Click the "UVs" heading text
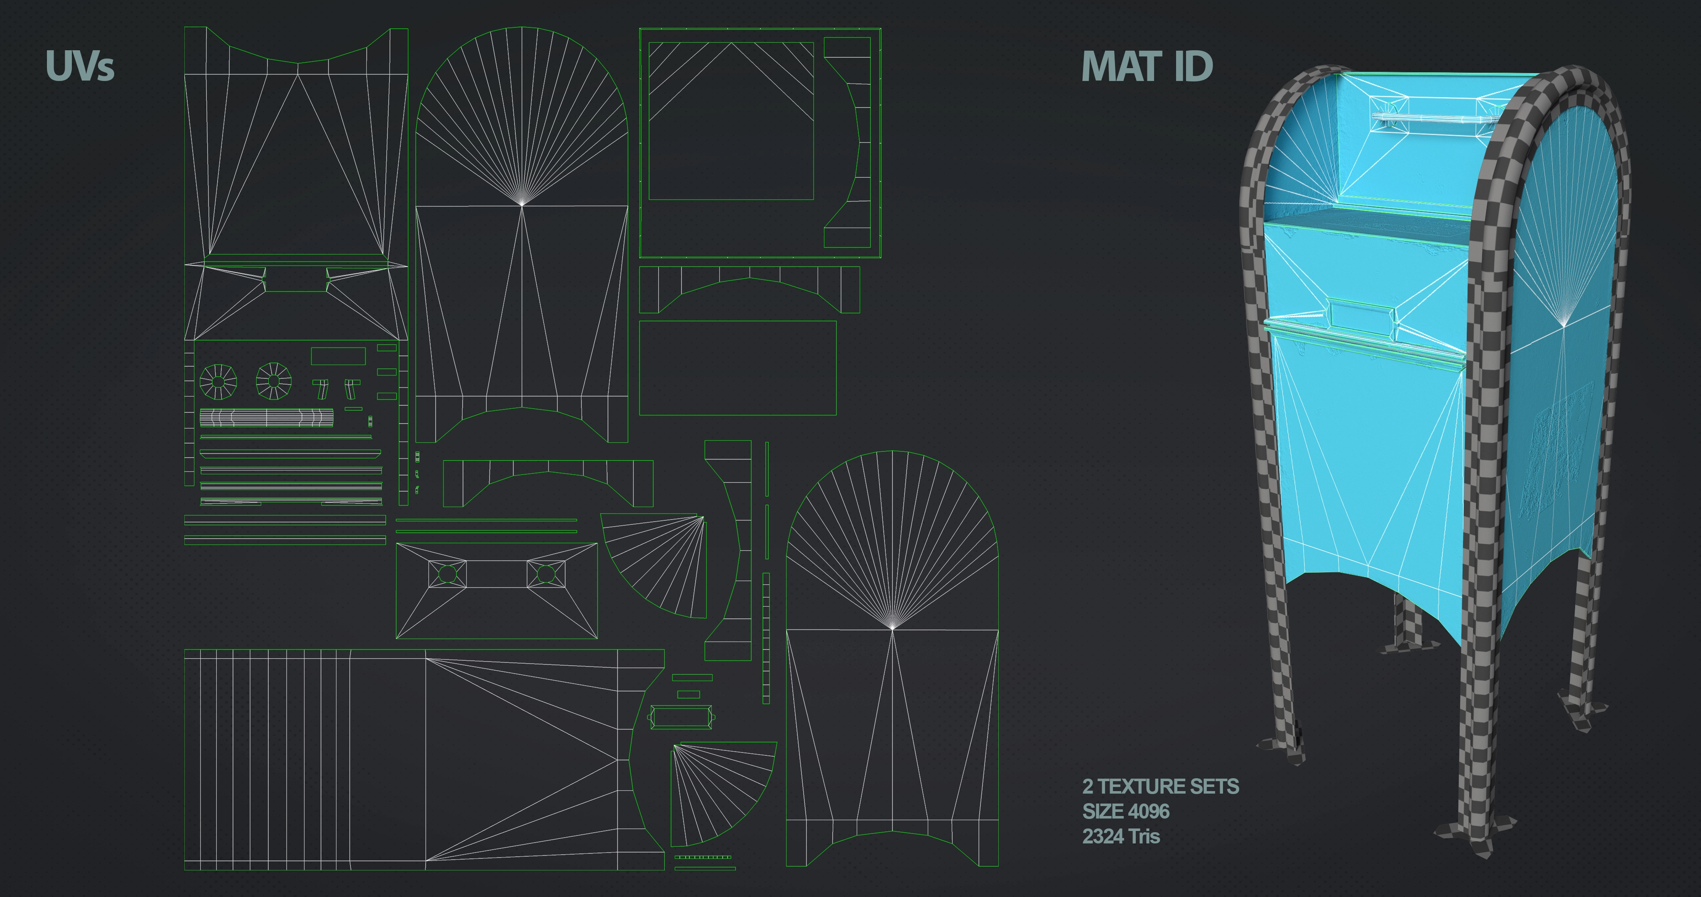[80, 66]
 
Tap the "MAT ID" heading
[1147, 67]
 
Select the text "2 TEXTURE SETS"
[1160, 786]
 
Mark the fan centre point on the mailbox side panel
[1564, 325]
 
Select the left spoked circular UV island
[218, 381]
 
